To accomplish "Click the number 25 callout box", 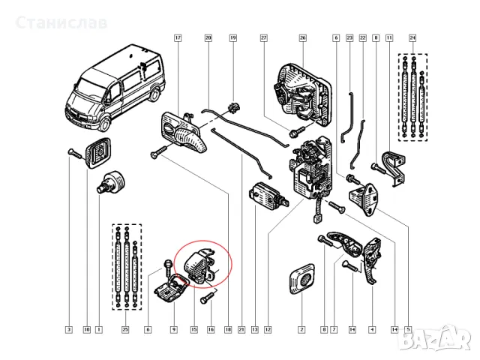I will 125,329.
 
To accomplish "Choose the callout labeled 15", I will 193,329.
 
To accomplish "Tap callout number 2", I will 301,329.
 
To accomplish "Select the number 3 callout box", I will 68,329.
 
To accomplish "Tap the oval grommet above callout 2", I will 304,279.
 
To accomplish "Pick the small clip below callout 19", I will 232,106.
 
